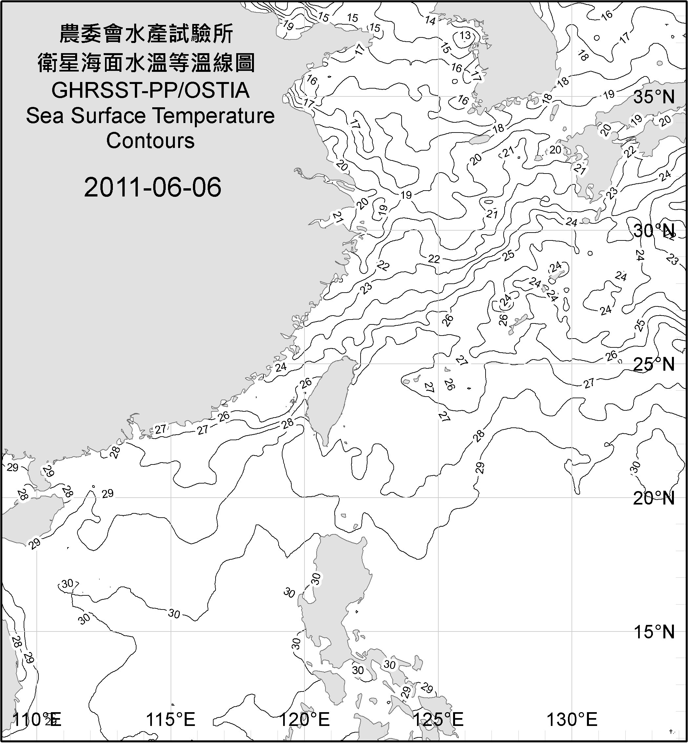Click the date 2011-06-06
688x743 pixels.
point(153,187)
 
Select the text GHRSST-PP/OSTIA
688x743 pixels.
point(150,91)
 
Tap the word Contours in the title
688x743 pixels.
point(150,141)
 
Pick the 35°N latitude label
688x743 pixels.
point(654,97)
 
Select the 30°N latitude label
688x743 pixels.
point(654,231)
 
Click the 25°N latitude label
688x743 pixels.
point(654,364)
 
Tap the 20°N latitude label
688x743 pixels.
point(654,498)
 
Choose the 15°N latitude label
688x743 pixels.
point(654,632)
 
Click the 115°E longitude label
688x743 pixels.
point(171,720)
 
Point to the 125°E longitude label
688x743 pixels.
point(439,720)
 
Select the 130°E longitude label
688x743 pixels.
point(572,720)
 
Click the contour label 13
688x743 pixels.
point(465,36)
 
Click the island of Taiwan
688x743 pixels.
point(329,398)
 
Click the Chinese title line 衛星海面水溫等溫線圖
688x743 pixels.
point(146,63)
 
